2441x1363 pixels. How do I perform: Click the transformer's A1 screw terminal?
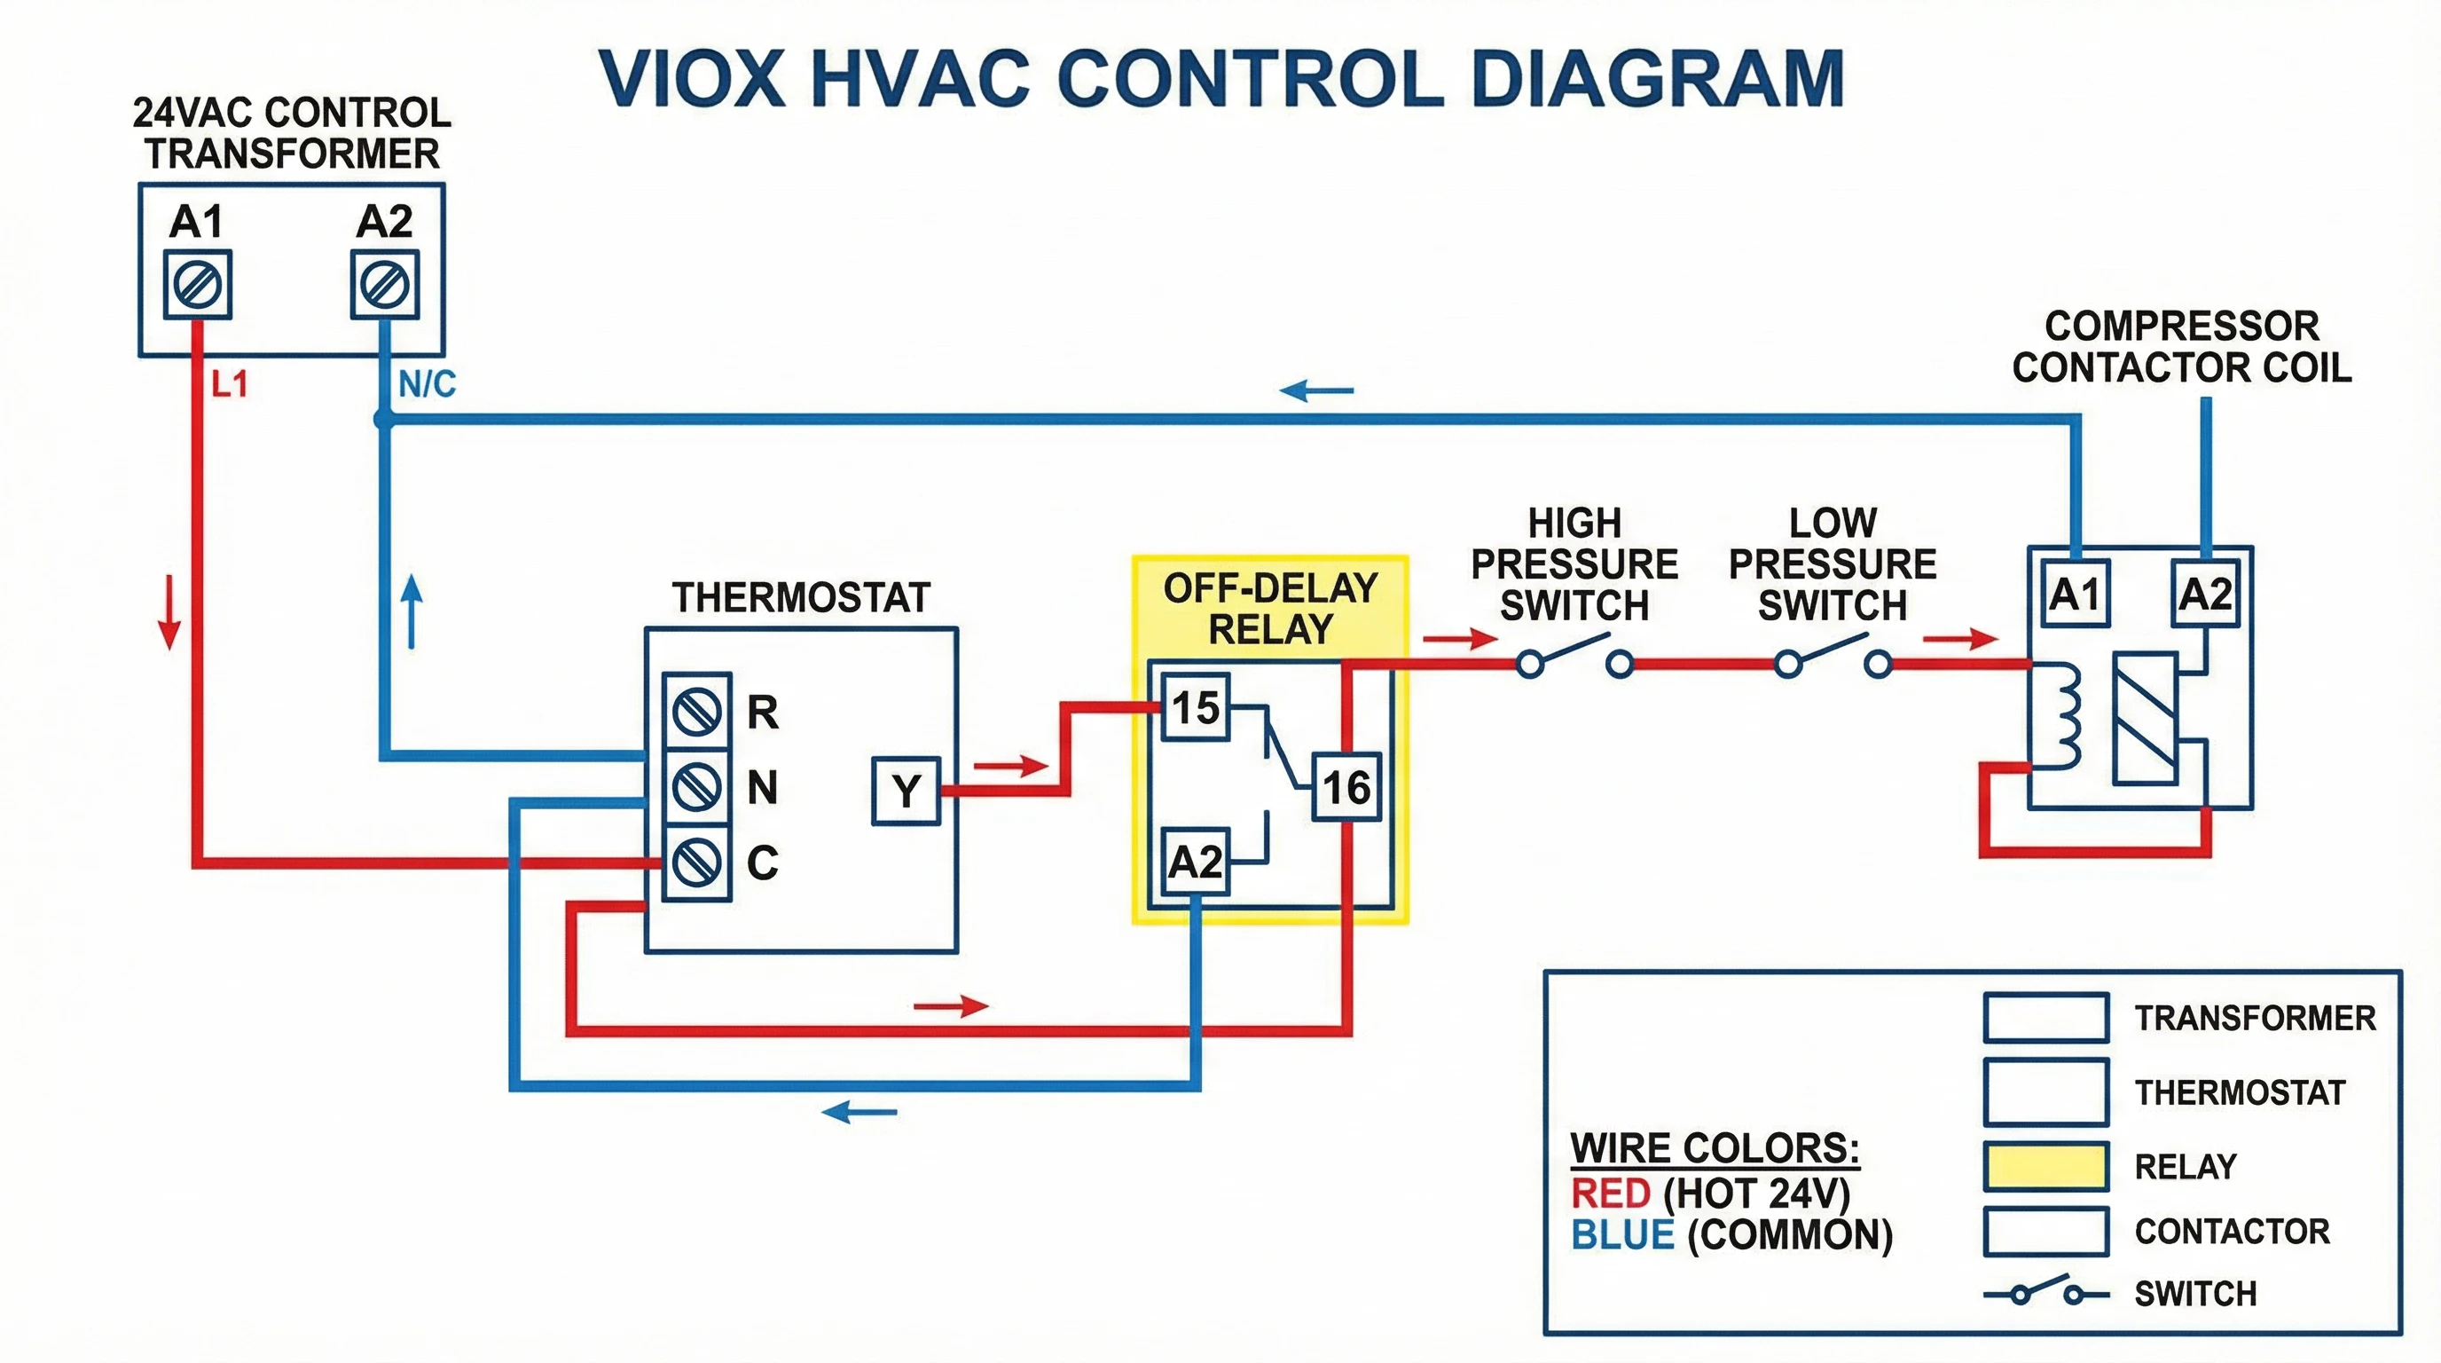(197, 284)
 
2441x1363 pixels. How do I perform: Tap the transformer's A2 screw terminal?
(385, 284)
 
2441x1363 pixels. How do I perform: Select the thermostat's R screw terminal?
(696, 711)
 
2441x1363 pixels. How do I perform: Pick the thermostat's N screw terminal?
(696, 787)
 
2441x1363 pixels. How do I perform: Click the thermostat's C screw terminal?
(696, 863)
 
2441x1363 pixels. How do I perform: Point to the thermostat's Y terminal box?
(906, 791)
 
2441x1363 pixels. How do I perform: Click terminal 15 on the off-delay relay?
(1195, 707)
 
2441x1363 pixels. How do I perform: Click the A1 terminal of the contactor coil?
(2075, 595)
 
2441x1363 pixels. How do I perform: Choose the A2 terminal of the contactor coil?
(2205, 595)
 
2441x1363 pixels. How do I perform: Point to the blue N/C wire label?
(427, 385)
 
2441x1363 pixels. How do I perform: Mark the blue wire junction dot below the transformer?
(384, 418)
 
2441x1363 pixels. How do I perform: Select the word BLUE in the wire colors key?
(1622, 1235)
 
